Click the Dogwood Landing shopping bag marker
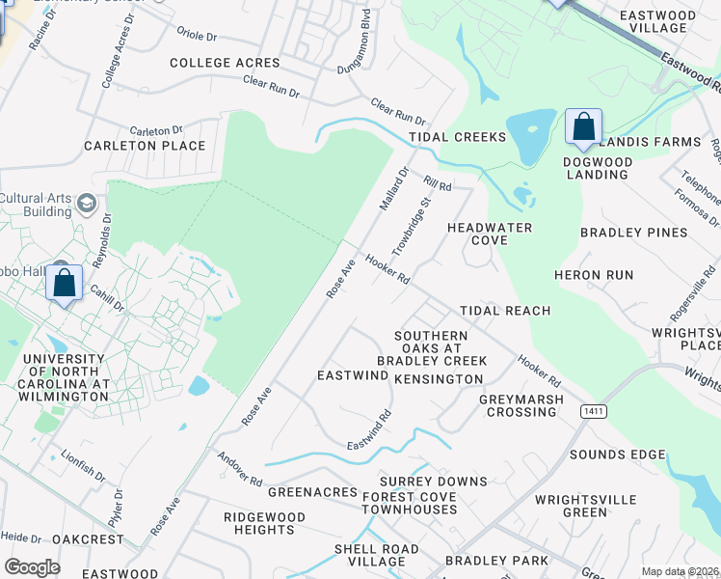coord(583,127)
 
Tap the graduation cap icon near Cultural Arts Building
coord(87,203)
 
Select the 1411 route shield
coord(594,411)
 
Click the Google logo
coord(33,566)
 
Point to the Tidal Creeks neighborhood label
coord(457,137)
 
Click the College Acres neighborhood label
coord(225,63)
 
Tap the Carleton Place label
coord(145,146)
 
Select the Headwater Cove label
coord(477,234)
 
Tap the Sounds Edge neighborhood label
coord(618,455)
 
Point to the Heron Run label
coord(594,275)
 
